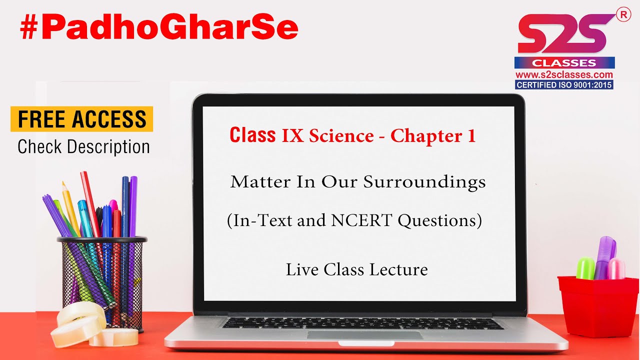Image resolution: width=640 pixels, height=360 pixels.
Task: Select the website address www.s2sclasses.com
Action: (564, 75)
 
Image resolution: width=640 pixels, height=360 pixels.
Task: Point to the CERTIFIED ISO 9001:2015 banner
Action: (564, 85)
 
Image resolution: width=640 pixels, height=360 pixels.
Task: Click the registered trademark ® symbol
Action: (623, 15)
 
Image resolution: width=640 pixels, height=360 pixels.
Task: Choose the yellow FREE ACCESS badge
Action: (82, 119)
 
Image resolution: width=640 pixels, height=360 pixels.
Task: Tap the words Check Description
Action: (83, 147)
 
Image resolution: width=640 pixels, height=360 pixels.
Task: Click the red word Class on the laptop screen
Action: (252, 135)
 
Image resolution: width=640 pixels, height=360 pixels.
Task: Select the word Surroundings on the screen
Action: (424, 182)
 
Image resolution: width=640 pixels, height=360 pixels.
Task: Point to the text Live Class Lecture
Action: (356, 270)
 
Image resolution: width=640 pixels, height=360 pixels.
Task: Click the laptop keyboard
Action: (362, 323)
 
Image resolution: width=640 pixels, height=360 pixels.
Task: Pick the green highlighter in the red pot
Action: (585, 268)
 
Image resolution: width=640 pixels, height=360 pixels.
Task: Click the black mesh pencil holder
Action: (102, 280)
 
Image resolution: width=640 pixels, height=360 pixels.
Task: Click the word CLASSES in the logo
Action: (564, 63)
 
